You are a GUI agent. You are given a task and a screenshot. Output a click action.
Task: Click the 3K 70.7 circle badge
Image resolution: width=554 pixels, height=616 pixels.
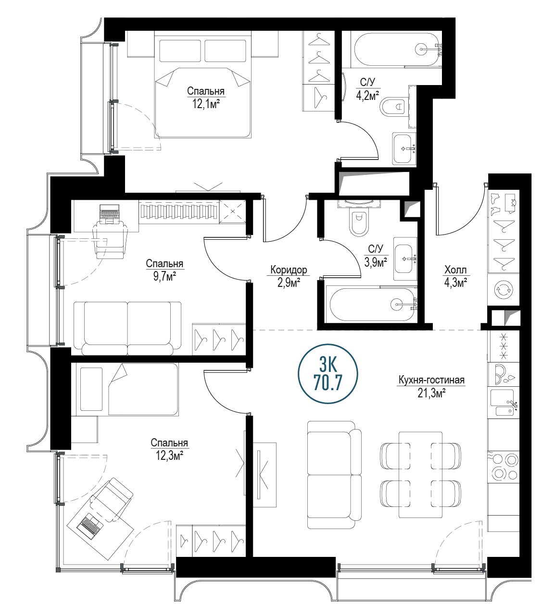pos(327,374)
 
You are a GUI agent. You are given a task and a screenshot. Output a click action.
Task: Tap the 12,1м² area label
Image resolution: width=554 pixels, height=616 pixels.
pos(206,104)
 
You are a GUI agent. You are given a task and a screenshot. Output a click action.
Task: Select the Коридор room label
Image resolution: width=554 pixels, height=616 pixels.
pos(289,270)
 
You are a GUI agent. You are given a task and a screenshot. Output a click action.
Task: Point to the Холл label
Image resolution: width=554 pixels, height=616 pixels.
pos(455,270)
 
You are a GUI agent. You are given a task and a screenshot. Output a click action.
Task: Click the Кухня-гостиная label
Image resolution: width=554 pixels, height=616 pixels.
pos(431,380)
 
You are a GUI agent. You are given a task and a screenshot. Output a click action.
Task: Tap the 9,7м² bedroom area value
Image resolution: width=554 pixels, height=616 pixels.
pos(164,277)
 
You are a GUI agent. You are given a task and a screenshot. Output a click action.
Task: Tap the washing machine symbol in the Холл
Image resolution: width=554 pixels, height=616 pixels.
pos(504,289)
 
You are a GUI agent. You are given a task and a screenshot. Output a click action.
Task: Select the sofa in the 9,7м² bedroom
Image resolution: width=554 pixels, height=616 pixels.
pos(127,328)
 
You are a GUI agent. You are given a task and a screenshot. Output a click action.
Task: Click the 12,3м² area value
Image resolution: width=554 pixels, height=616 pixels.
pos(170,456)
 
